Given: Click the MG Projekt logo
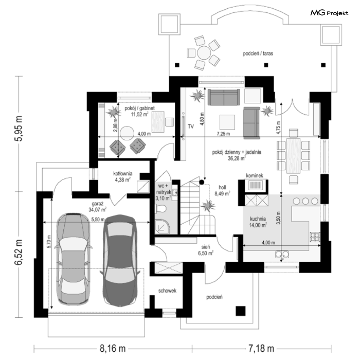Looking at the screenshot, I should coord(329,13).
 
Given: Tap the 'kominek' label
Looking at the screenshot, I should coord(254,175).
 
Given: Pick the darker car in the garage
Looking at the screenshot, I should coord(120,260).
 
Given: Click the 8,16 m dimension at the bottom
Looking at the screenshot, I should coord(113,349).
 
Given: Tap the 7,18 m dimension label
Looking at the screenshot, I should coord(261,349).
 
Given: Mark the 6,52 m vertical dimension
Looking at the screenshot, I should coord(18,252).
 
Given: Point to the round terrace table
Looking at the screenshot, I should coord(204,52).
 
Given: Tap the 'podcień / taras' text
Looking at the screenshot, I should coord(258,54).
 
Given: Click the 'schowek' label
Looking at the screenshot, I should coord(167,291).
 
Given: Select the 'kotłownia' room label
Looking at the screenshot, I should coord(123,173).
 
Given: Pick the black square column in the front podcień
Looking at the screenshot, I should coord(240,310).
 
